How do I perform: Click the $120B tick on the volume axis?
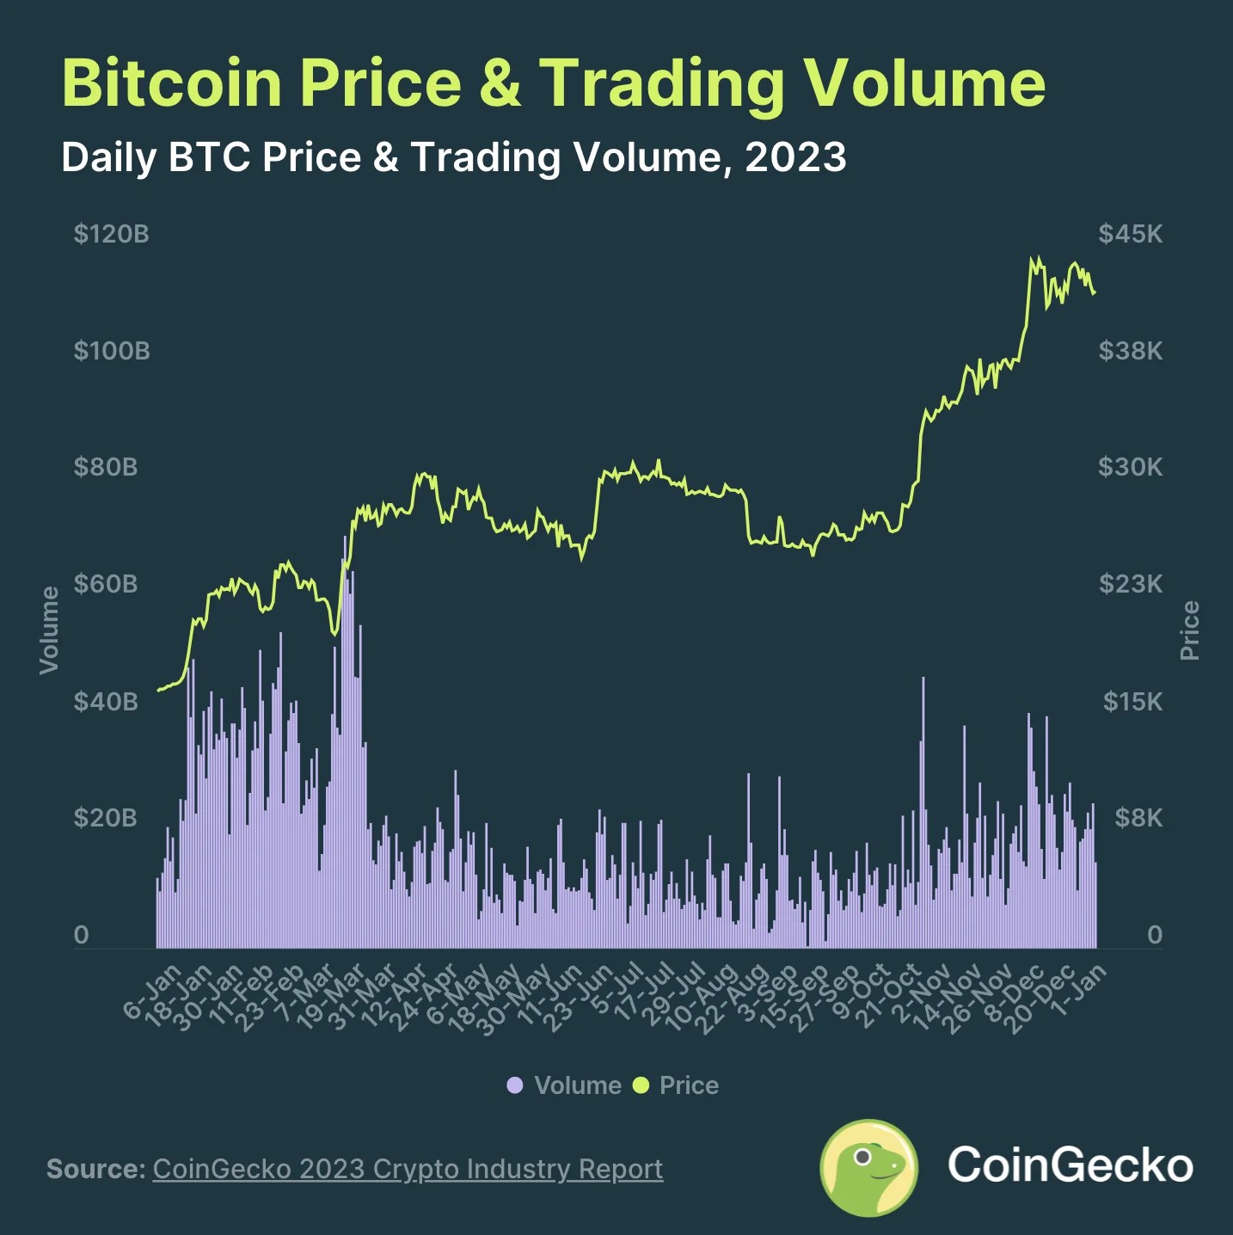point(111,234)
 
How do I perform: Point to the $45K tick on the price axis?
point(1130,234)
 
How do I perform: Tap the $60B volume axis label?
point(105,585)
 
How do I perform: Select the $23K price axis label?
point(1130,585)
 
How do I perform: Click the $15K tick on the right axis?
point(1132,702)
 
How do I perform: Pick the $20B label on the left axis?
point(105,818)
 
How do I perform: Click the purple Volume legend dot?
point(515,1085)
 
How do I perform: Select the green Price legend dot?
point(641,1085)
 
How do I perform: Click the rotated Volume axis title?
point(50,630)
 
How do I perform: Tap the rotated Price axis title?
point(1190,630)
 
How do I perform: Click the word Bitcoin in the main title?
point(172,83)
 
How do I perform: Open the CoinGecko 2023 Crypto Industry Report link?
point(408,1170)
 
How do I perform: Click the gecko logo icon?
point(868,1167)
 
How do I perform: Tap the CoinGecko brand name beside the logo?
point(1070,1165)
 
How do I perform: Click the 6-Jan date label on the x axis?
point(153,992)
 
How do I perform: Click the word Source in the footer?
point(95,1170)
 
